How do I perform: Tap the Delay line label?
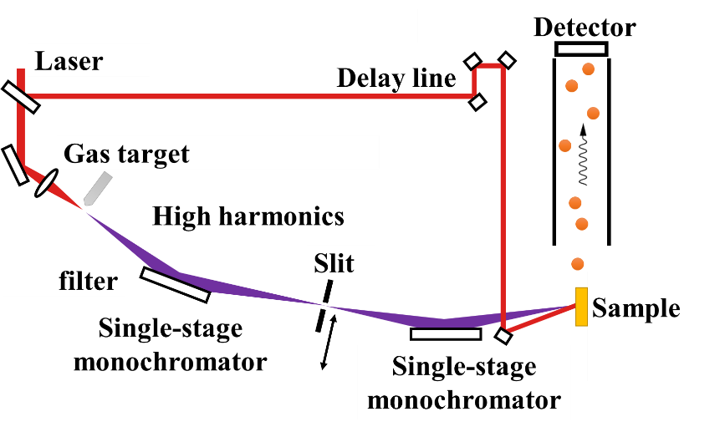pyautogui.click(x=396, y=78)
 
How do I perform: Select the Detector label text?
pyautogui.click(x=585, y=28)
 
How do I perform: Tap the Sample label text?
pyautogui.click(x=636, y=308)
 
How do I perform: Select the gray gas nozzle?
pyautogui.click(x=98, y=188)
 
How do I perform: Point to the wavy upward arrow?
pyautogui.click(x=584, y=155)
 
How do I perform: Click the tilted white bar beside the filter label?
pyautogui.click(x=176, y=284)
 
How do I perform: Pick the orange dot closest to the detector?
pyautogui.click(x=588, y=69)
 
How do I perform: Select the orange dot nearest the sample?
pyautogui.click(x=577, y=264)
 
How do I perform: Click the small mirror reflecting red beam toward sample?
pyautogui.click(x=503, y=336)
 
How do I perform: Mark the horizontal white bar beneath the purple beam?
pyautogui.click(x=446, y=333)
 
